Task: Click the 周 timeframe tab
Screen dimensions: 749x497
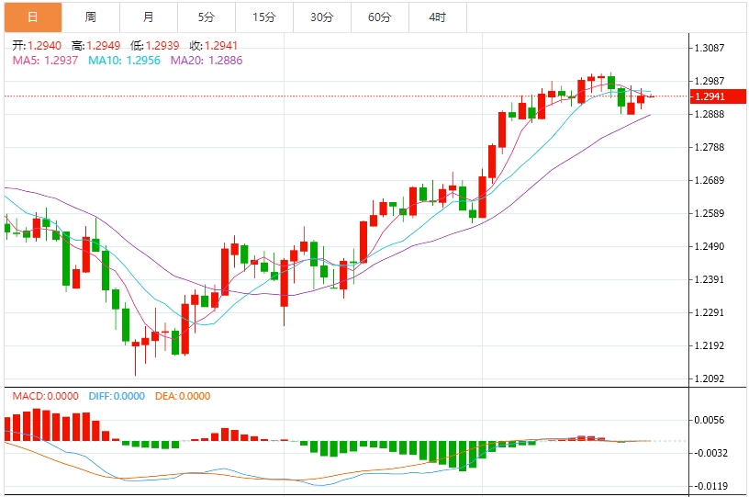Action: pos(91,17)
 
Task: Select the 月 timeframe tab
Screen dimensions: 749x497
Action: pos(149,17)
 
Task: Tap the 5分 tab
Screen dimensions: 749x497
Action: pos(207,17)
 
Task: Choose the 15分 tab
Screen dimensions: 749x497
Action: pos(264,17)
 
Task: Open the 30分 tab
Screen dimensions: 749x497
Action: pos(322,17)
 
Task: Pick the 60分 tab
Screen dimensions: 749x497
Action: pos(380,17)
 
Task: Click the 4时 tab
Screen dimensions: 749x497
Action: pos(438,17)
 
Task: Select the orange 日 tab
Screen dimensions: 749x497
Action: pos(33,17)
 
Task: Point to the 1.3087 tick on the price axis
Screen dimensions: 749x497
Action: pos(710,48)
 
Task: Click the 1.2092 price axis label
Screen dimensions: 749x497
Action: pos(710,379)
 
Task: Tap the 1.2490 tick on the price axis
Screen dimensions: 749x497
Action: pos(710,246)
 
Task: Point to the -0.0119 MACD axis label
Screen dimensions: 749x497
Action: pos(710,486)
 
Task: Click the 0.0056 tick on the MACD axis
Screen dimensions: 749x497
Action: pos(710,420)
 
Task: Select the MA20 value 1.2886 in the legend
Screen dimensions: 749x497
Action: pos(226,61)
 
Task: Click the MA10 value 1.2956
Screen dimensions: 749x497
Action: pos(143,61)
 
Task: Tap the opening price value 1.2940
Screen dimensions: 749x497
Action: pos(44,45)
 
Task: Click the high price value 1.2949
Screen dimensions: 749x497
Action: pos(103,45)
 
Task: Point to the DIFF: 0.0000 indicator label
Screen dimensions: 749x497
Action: pos(117,396)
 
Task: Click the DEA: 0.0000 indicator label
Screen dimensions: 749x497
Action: pos(183,396)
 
